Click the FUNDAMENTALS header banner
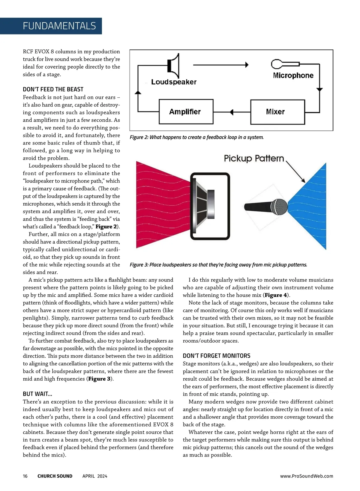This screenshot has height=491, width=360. point(59,26)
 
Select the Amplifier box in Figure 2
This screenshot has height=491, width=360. point(186,112)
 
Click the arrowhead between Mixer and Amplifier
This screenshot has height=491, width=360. point(231,112)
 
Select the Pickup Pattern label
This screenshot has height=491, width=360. point(254,158)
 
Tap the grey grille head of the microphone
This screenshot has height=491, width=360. point(279,207)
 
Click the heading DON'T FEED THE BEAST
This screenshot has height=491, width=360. point(53,89)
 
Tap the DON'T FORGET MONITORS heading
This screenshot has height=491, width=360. point(216,356)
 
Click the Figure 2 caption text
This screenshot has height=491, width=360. point(196,137)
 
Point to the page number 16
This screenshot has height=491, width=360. point(25,476)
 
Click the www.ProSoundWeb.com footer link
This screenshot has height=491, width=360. point(306,476)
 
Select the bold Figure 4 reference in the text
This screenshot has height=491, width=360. point(276,295)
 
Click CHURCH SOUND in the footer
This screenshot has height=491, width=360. point(55,476)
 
